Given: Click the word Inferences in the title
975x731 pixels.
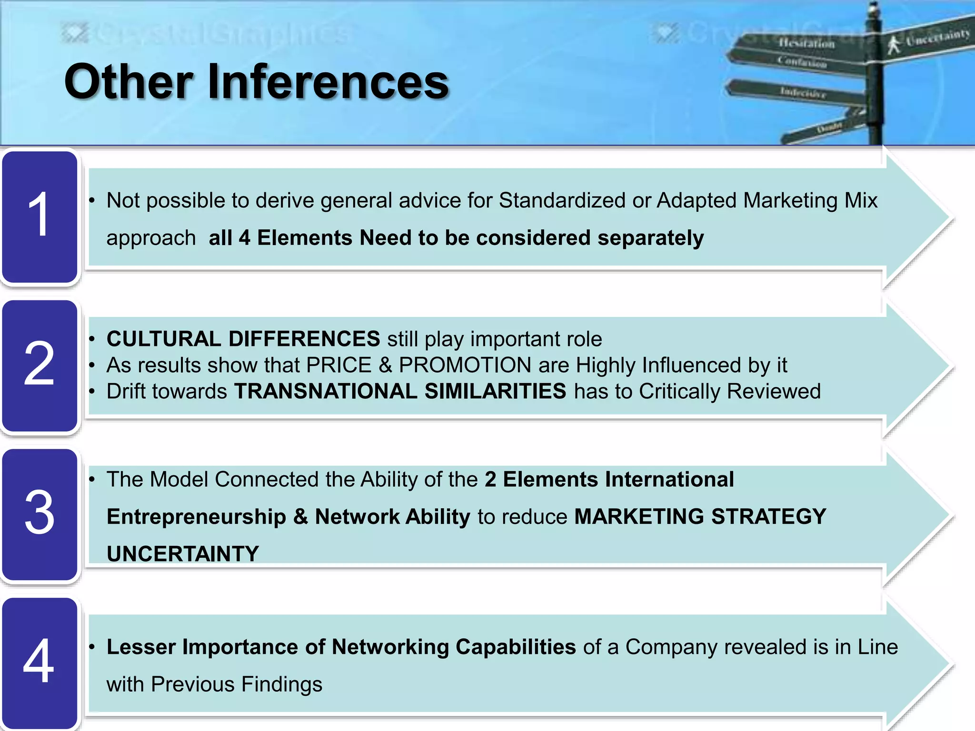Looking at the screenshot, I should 328,82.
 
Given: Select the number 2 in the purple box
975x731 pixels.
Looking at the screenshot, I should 39,364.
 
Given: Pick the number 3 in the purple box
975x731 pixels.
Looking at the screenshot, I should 39,512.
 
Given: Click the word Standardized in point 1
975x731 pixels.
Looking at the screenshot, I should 562,200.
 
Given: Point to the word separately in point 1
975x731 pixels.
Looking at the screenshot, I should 650,238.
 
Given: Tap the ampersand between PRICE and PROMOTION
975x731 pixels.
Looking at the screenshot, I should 385,365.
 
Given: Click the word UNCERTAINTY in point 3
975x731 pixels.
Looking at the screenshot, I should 183,554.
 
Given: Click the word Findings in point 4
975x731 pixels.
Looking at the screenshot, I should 281,684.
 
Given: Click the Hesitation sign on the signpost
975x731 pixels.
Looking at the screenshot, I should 805,44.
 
